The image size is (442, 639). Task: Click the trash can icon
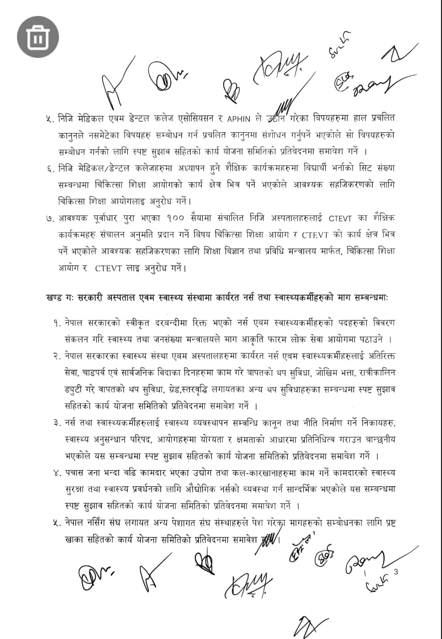point(38,37)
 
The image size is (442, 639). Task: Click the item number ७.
point(49,218)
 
